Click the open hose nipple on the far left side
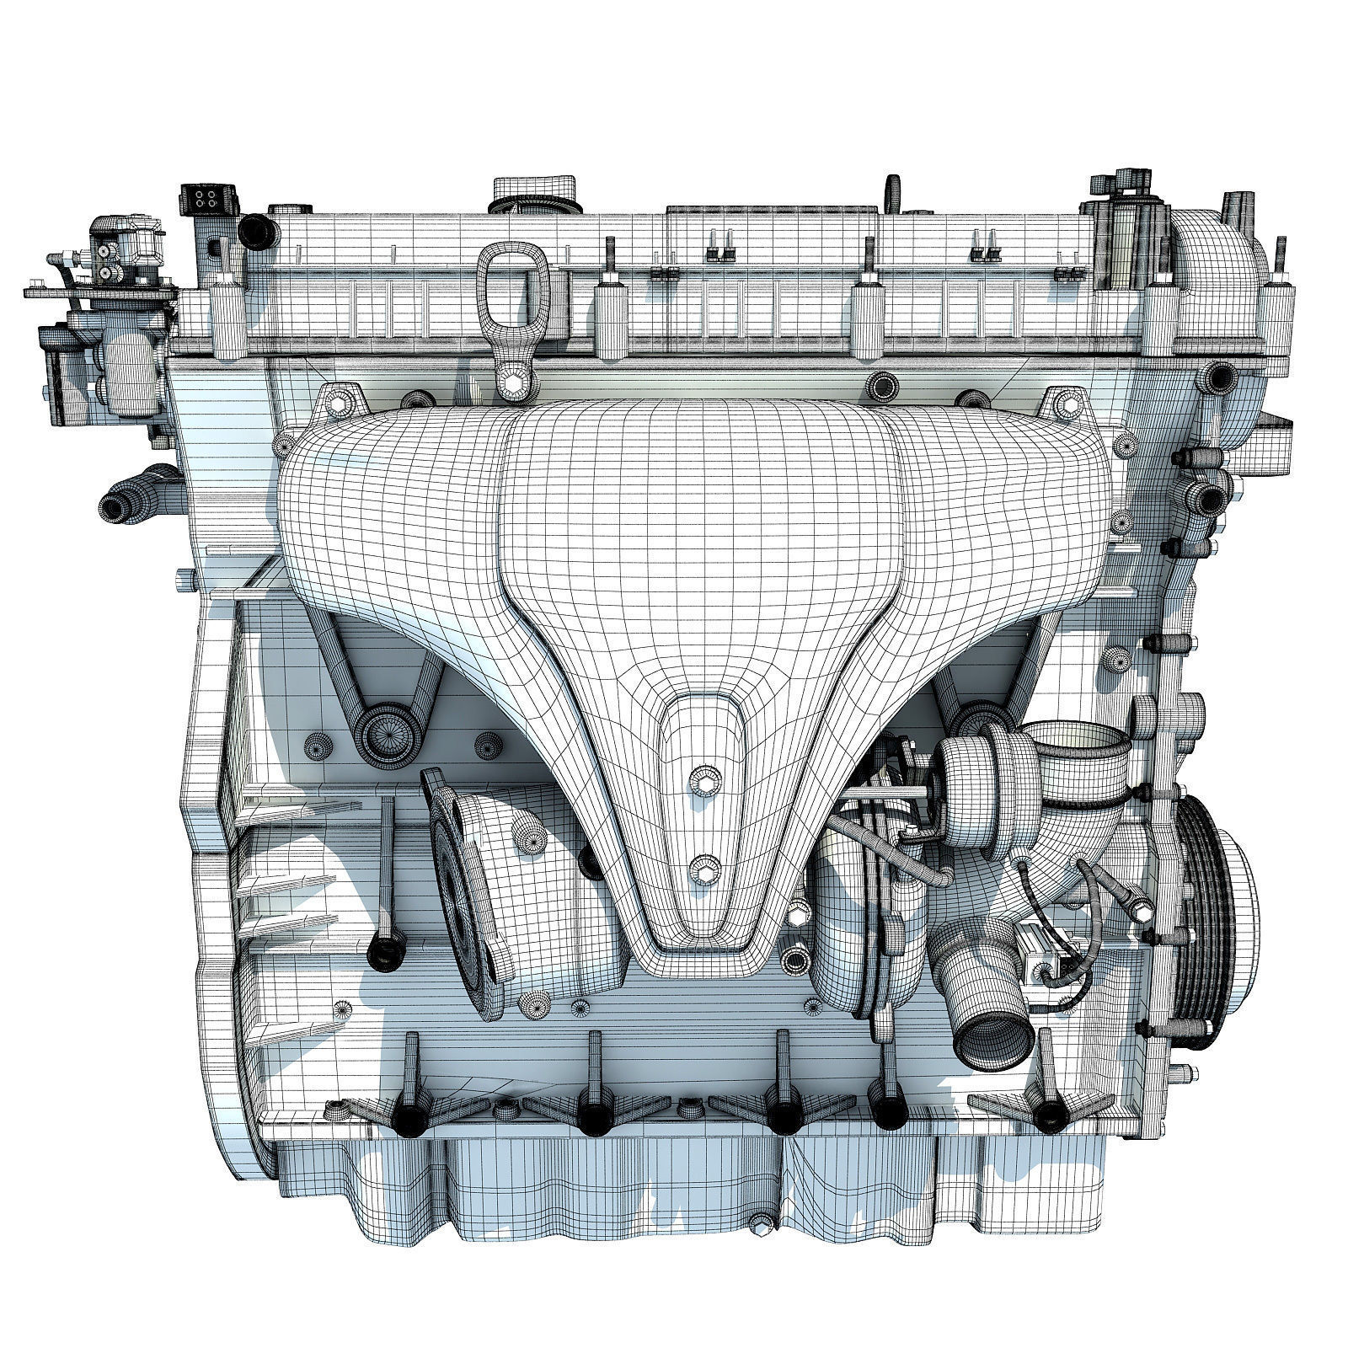point(115,506)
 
